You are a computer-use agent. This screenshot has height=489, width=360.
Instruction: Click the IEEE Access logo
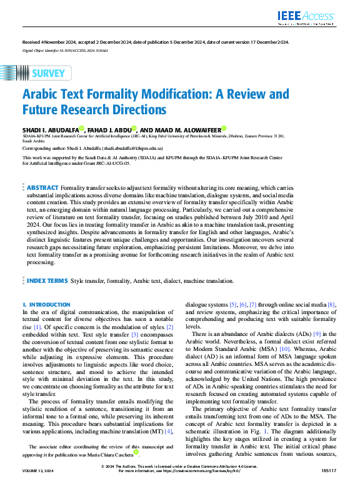coord(314,17)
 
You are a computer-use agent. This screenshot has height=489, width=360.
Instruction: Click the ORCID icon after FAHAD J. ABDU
coord(134,128)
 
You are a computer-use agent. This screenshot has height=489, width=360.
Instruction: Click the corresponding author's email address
coord(134,149)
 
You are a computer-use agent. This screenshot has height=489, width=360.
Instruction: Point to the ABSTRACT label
coord(42,187)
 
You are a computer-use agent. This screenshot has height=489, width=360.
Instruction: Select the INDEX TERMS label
coord(47,281)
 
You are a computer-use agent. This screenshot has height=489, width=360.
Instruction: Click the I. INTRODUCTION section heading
coord(46,304)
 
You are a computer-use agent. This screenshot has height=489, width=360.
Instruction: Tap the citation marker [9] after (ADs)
coord(316,334)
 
